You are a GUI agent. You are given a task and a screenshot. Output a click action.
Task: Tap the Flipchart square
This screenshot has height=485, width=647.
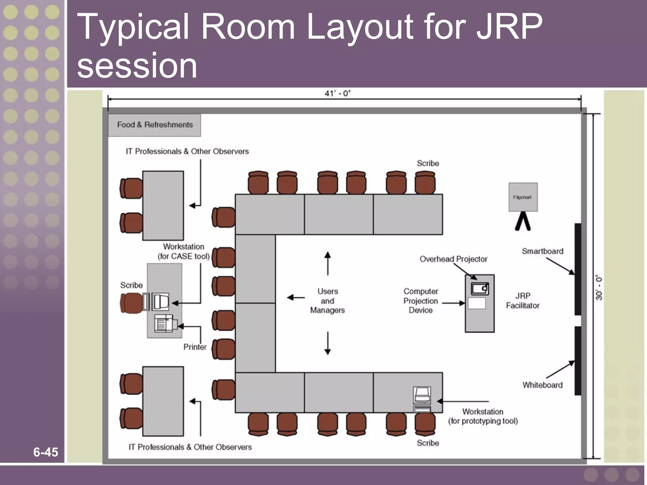(x=523, y=197)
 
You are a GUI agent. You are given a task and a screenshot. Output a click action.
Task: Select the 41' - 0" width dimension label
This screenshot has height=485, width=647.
(x=337, y=93)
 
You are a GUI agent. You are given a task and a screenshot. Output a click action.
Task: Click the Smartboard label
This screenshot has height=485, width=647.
(x=542, y=251)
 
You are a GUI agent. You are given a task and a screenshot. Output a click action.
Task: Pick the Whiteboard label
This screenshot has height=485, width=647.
(x=542, y=385)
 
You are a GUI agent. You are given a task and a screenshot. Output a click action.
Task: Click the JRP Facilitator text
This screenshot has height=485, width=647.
(x=523, y=301)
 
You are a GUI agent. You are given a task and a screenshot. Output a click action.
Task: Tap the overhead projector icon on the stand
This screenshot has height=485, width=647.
(x=480, y=289)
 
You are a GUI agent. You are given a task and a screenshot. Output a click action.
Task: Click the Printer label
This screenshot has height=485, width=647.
(x=195, y=347)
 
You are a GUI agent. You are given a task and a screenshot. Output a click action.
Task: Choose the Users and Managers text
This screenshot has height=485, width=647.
(x=327, y=301)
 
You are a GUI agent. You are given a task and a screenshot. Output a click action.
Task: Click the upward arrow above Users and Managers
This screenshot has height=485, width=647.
(x=328, y=263)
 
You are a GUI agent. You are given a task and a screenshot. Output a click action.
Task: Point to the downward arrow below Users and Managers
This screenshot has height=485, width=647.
(x=328, y=343)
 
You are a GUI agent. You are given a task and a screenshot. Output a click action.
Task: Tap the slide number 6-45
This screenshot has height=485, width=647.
(x=45, y=452)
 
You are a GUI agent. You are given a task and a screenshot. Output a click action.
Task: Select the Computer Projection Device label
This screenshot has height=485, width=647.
(x=420, y=301)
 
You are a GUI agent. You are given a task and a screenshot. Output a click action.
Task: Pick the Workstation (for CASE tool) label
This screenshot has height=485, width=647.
(x=184, y=251)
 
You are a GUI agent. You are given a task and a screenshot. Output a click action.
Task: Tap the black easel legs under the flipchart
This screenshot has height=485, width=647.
(x=523, y=221)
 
